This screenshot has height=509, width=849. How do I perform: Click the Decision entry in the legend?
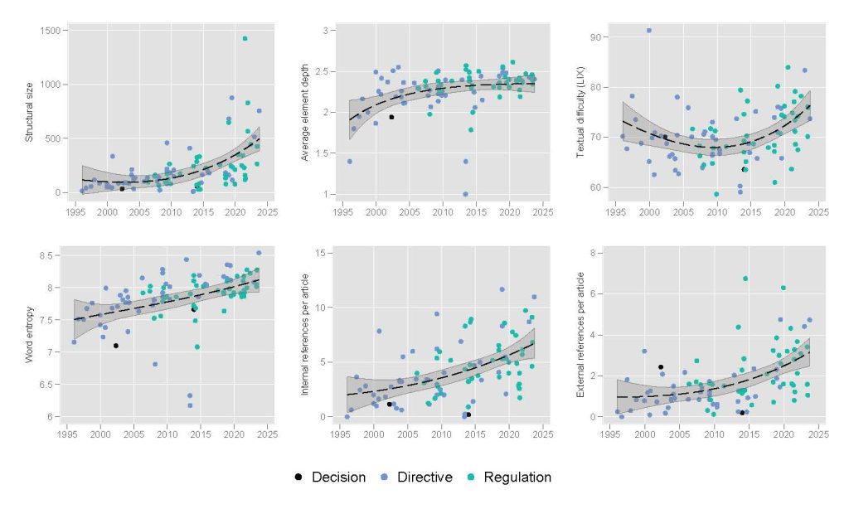click(x=338, y=477)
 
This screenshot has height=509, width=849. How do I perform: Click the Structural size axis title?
click(x=30, y=111)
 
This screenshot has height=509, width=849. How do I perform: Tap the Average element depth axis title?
click(x=305, y=111)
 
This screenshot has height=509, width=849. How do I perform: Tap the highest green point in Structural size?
click(x=245, y=38)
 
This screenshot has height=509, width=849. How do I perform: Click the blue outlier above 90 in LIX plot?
click(x=648, y=31)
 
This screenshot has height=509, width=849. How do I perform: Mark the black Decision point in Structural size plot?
click(x=122, y=189)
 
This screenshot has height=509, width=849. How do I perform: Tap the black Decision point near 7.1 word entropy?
click(x=116, y=346)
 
